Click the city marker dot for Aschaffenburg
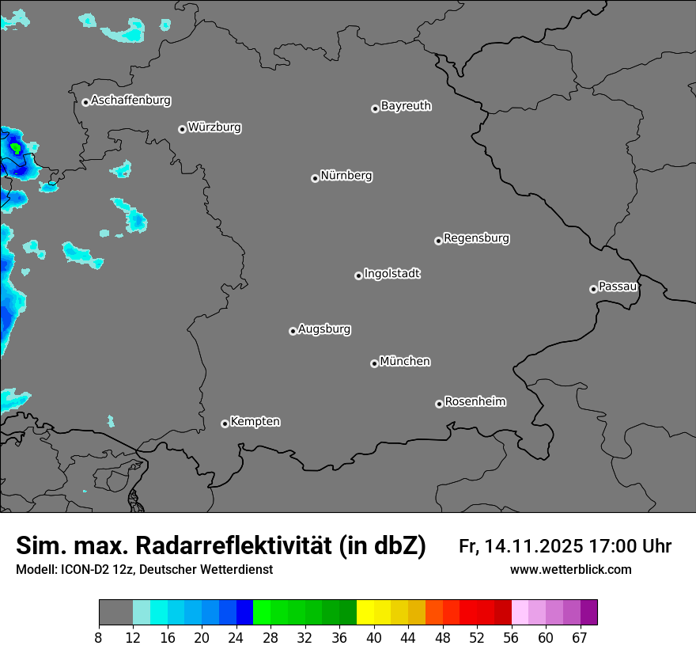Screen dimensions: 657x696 [x=85, y=102]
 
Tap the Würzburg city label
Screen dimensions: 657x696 [x=214, y=127]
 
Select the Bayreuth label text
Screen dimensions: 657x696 [x=406, y=106]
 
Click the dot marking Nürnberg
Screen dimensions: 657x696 [x=315, y=178]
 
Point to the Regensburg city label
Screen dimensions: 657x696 [x=476, y=238]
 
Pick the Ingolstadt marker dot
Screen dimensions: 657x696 [x=358, y=275]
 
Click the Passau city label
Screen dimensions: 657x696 [x=618, y=287]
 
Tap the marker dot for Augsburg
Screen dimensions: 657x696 [x=293, y=331]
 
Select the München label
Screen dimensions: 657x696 [x=405, y=362]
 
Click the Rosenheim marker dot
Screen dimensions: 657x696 [x=439, y=404]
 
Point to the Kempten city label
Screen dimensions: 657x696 [x=255, y=422]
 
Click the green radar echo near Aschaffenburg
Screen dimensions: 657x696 [x=16, y=147]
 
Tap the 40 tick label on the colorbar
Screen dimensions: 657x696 [x=374, y=638]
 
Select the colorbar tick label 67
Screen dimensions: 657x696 [x=580, y=638]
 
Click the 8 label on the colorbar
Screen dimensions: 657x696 [x=99, y=638]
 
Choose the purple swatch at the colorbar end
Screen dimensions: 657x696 [x=588, y=613]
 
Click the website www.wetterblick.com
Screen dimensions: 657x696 [x=570, y=569]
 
